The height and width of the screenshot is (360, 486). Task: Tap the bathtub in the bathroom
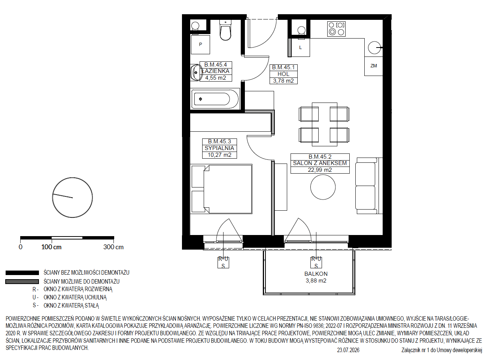click(215, 99)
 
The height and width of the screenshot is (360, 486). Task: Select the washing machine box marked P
click(200, 45)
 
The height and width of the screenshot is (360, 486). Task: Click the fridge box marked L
click(300, 48)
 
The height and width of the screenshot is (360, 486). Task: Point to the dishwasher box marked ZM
click(374, 66)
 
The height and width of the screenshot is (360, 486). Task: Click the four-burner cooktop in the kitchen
click(336, 29)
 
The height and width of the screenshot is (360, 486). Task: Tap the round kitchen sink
click(374, 48)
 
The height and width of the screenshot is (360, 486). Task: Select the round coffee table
click(323, 187)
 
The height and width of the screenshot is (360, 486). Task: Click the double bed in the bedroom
click(221, 189)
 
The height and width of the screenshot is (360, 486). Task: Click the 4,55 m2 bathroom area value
click(216, 78)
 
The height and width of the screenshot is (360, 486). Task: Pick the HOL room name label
click(283, 74)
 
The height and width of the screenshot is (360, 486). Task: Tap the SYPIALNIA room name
click(219, 148)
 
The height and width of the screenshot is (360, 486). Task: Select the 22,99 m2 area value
click(320, 170)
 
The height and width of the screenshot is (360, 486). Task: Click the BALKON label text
click(316, 274)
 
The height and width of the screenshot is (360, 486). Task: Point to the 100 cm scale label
click(52, 247)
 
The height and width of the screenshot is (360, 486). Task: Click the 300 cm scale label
click(113, 247)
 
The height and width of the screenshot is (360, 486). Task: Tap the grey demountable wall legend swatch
click(22, 282)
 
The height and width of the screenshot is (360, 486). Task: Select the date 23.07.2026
click(348, 350)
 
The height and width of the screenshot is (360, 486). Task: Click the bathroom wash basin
click(196, 73)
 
